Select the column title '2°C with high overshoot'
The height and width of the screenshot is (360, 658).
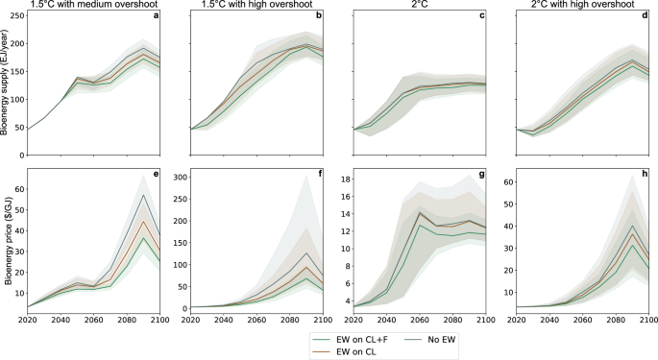tap(574, 6)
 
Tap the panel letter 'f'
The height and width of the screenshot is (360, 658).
tap(320, 177)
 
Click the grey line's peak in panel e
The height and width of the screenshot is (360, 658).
tap(143, 195)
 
